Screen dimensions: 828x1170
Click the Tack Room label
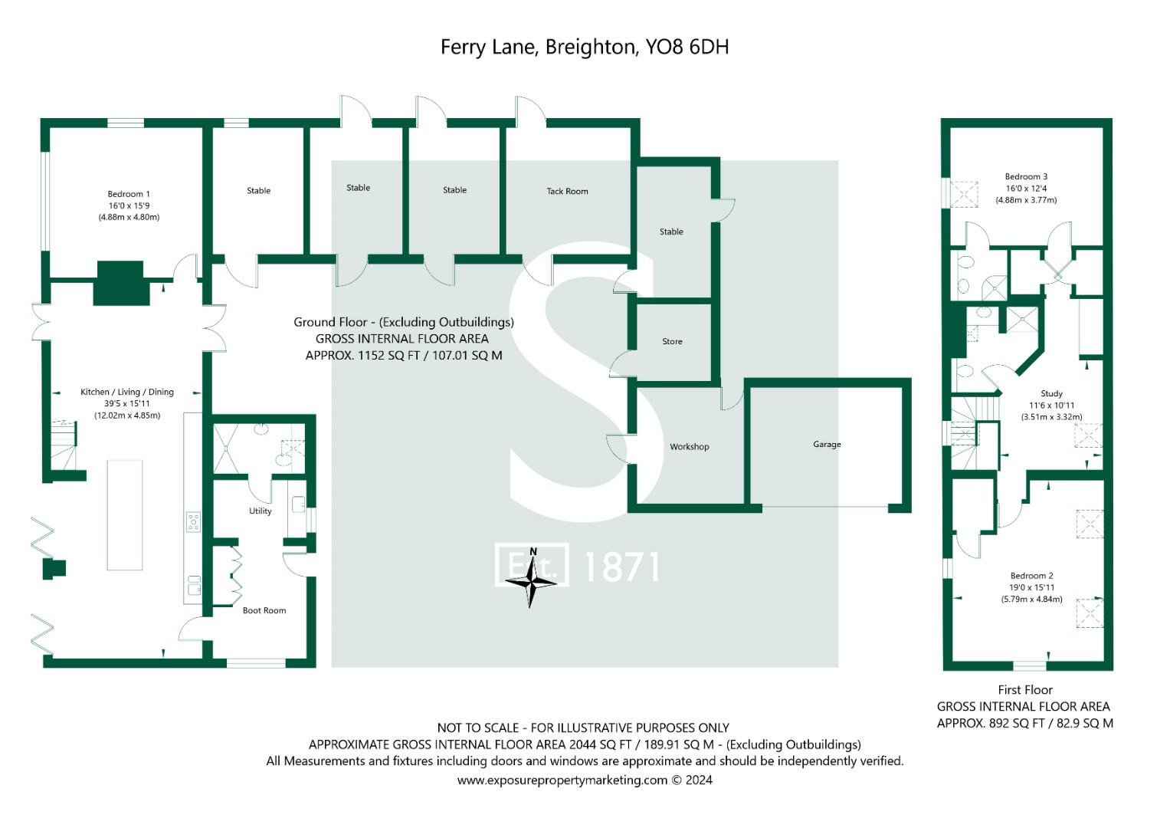567,191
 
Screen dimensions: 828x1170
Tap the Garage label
827,444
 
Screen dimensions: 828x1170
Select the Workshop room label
689,446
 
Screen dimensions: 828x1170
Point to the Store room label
672,341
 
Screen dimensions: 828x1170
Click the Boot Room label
264,610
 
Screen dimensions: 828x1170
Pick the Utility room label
260,511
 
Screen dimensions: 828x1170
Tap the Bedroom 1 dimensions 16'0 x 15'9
129,205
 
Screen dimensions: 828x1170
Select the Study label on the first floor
1051,393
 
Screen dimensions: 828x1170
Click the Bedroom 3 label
1026,176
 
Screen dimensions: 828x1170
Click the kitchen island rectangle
125,514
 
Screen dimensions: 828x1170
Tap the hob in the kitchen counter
193,522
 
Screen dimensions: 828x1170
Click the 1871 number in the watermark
621,567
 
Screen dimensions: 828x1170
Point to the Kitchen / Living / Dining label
127,392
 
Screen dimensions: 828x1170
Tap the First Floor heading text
1024,689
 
